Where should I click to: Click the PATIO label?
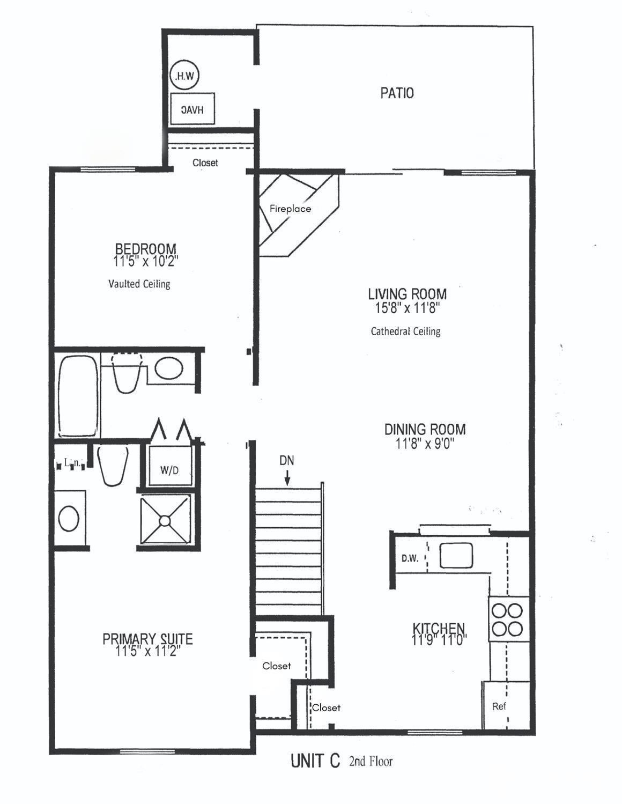point(397,93)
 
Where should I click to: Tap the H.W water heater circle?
point(184,76)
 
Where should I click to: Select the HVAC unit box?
point(192,109)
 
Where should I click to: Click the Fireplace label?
point(290,209)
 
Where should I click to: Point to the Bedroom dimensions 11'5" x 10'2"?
point(145,262)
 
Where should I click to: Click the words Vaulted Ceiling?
point(139,284)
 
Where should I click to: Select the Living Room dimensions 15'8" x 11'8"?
point(407,308)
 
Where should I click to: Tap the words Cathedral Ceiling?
point(405,331)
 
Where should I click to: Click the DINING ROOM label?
point(425,429)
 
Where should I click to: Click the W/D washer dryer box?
point(169,470)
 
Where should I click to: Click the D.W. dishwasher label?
point(410,558)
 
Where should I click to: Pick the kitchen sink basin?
point(456,555)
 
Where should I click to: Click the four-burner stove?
point(508,619)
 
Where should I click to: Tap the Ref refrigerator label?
point(499,706)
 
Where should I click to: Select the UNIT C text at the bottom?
point(315,761)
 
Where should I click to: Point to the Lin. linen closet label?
point(71,462)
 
